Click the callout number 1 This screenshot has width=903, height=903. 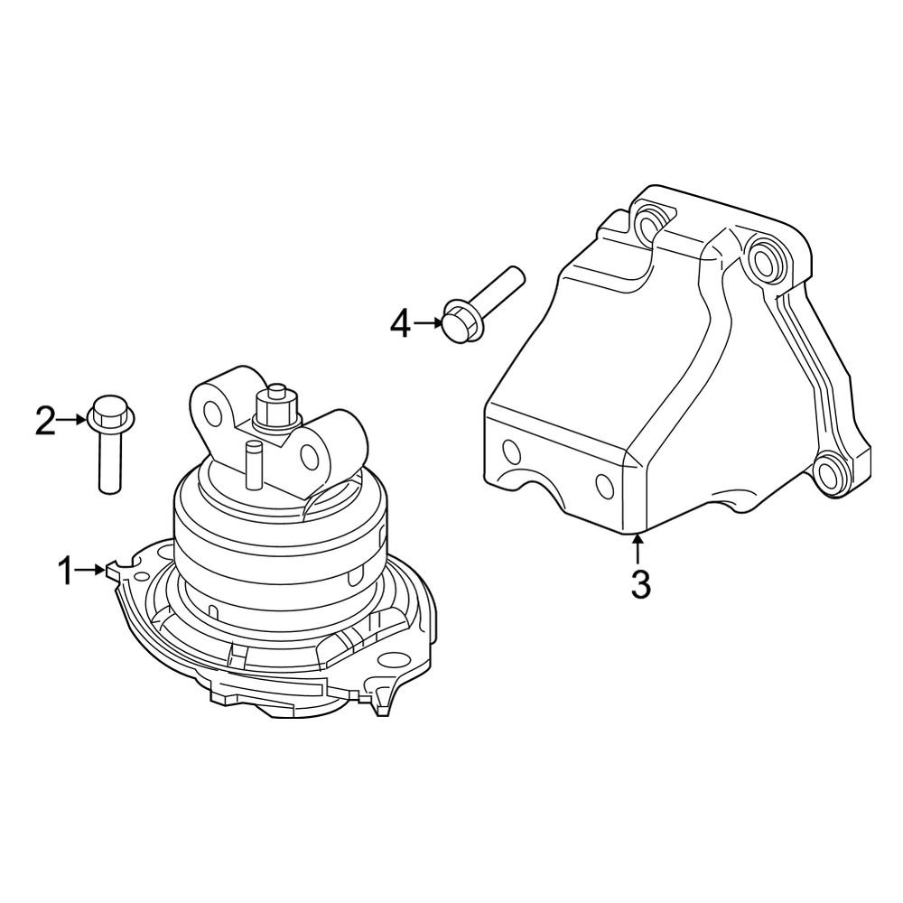65,570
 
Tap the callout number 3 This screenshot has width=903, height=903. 640,584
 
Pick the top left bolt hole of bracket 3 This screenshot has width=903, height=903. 648,219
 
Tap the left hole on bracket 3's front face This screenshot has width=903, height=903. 511,451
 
